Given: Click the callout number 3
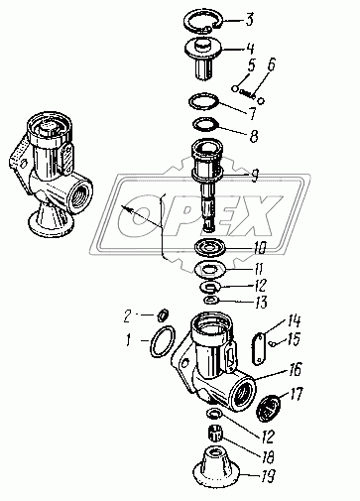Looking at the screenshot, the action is (x=250, y=19).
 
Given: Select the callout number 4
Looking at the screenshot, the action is (x=251, y=49).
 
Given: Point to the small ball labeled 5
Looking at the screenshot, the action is (x=235, y=88).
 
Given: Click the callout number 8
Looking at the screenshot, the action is (x=254, y=136).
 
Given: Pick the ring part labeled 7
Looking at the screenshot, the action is (x=203, y=101).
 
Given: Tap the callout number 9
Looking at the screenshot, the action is (x=254, y=176).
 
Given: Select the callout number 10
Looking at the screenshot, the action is (x=260, y=247).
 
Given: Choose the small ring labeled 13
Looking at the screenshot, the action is (x=210, y=300).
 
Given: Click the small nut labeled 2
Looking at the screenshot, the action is (x=164, y=315).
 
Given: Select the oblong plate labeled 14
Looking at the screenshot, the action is (x=259, y=349).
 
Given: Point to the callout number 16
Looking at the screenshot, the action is (x=296, y=369).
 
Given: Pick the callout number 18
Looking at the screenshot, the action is (x=268, y=457).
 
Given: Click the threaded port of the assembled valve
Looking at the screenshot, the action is (x=79, y=194).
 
